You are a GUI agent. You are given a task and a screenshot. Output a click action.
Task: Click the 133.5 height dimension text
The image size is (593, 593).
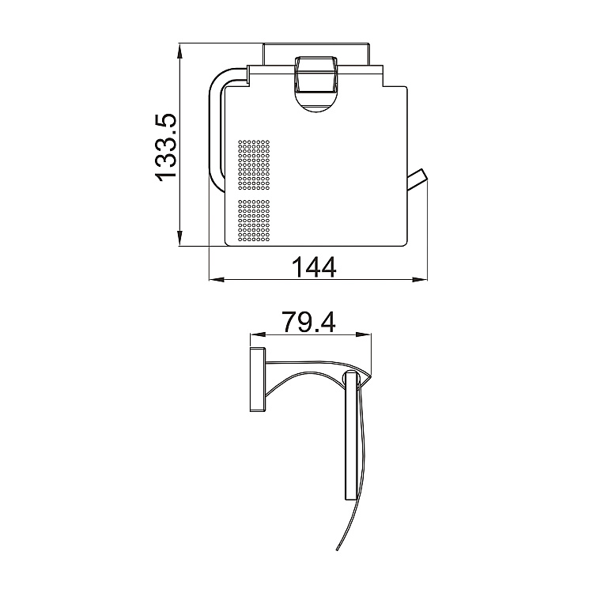[x=164, y=147]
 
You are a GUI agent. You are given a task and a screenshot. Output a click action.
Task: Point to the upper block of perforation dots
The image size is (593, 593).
[x=254, y=165]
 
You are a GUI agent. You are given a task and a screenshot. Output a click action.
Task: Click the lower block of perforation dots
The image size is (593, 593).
[x=254, y=221]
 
